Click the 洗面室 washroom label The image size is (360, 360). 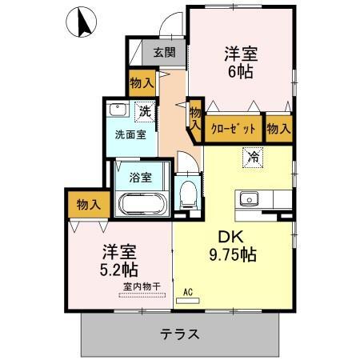tap(130, 134)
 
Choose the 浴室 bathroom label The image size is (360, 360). tap(141, 177)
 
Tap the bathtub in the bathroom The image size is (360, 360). tap(142, 204)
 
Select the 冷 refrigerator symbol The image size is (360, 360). tap(253, 156)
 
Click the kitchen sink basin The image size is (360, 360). tap(247, 198)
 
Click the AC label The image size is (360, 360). tap(189, 292)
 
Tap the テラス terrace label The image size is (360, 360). tap(179, 334)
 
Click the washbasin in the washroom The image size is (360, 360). tap(118, 110)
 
